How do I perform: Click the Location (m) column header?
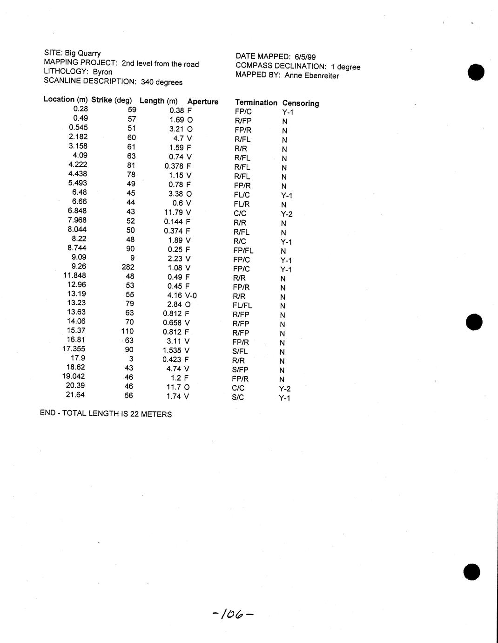(x=65, y=99)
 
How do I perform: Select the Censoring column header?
(x=301, y=103)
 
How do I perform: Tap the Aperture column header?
(x=202, y=102)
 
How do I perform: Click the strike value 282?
(x=128, y=267)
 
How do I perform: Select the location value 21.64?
(x=76, y=395)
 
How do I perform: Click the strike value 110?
(x=127, y=331)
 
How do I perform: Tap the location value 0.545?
(x=78, y=127)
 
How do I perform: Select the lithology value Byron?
(x=102, y=72)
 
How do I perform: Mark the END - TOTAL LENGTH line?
(x=106, y=414)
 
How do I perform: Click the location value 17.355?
(x=74, y=349)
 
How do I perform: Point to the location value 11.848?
(x=74, y=275)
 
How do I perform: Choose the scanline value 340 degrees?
(x=162, y=82)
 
